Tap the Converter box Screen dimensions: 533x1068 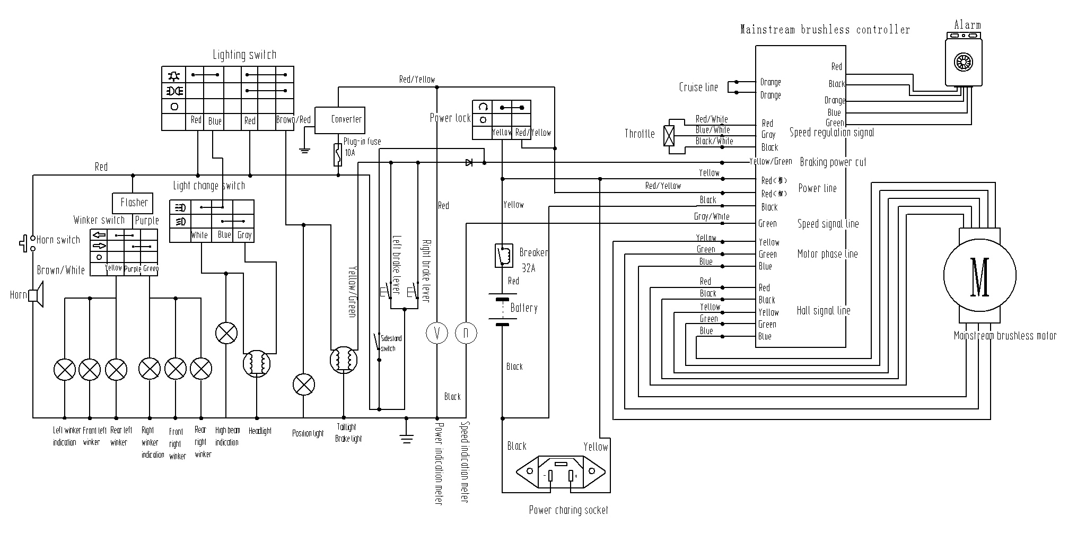340,120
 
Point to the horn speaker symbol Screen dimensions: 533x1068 37,295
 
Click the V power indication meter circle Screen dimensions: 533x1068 437,333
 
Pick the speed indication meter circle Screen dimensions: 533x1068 466,333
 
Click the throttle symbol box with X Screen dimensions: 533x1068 670,136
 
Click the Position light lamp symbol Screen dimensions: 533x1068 303,385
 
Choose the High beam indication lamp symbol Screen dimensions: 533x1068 226,333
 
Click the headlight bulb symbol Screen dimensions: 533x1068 257,363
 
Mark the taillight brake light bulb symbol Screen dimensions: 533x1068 344,360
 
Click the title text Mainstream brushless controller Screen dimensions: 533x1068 825,30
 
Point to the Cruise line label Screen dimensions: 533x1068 698,88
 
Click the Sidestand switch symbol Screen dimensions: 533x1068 378,342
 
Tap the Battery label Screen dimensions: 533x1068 523,308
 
